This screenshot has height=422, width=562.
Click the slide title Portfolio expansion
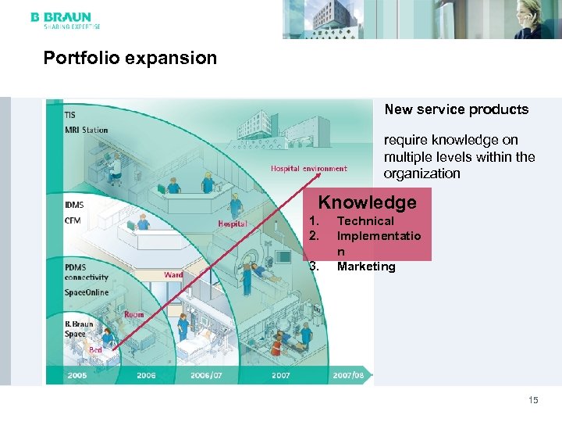[x=130, y=59]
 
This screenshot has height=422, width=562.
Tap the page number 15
[x=533, y=400]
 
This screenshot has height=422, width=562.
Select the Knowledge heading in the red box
[x=367, y=202]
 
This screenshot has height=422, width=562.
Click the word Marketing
[x=366, y=266]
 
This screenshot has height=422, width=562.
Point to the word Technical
[x=365, y=221]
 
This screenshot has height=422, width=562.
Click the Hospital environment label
[x=308, y=168]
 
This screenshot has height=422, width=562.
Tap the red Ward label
[x=173, y=275]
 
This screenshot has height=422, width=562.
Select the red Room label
[x=133, y=314]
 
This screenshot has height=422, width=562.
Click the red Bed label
[x=95, y=350]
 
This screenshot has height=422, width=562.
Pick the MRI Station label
[x=86, y=130]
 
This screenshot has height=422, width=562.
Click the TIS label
[x=70, y=116]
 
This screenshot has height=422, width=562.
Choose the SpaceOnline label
[x=87, y=292]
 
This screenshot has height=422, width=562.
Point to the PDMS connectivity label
[x=87, y=272]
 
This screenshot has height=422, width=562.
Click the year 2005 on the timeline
[x=77, y=375]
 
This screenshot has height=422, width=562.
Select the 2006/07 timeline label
[x=206, y=375]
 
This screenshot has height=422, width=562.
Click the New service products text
[x=456, y=109]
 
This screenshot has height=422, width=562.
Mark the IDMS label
[x=75, y=205]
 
